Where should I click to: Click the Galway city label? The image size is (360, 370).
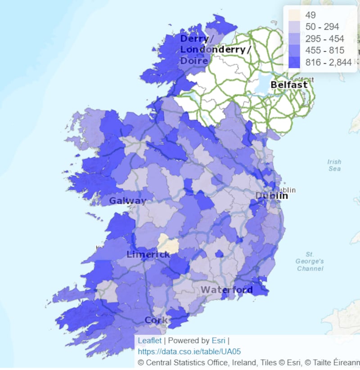click(x=128, y=201)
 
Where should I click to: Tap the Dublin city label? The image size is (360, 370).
click(x=271, y=196)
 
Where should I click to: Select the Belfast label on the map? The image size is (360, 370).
click(x=289, y=85)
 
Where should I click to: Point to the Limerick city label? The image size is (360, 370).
click(x=148, y=254)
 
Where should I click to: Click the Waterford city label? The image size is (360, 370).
click(x=227, y=290)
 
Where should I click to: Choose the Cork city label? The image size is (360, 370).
click(x=156, y=321)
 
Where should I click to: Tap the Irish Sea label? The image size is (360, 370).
click(x=334, y=165)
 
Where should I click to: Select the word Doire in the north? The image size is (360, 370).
click(x=194, y=61)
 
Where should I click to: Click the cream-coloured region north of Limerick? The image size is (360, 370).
click(x=168, y=244)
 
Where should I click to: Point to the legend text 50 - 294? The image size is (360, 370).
click(x=322, y=27)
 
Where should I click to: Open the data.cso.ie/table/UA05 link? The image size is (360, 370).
click(x=189, y=351)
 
